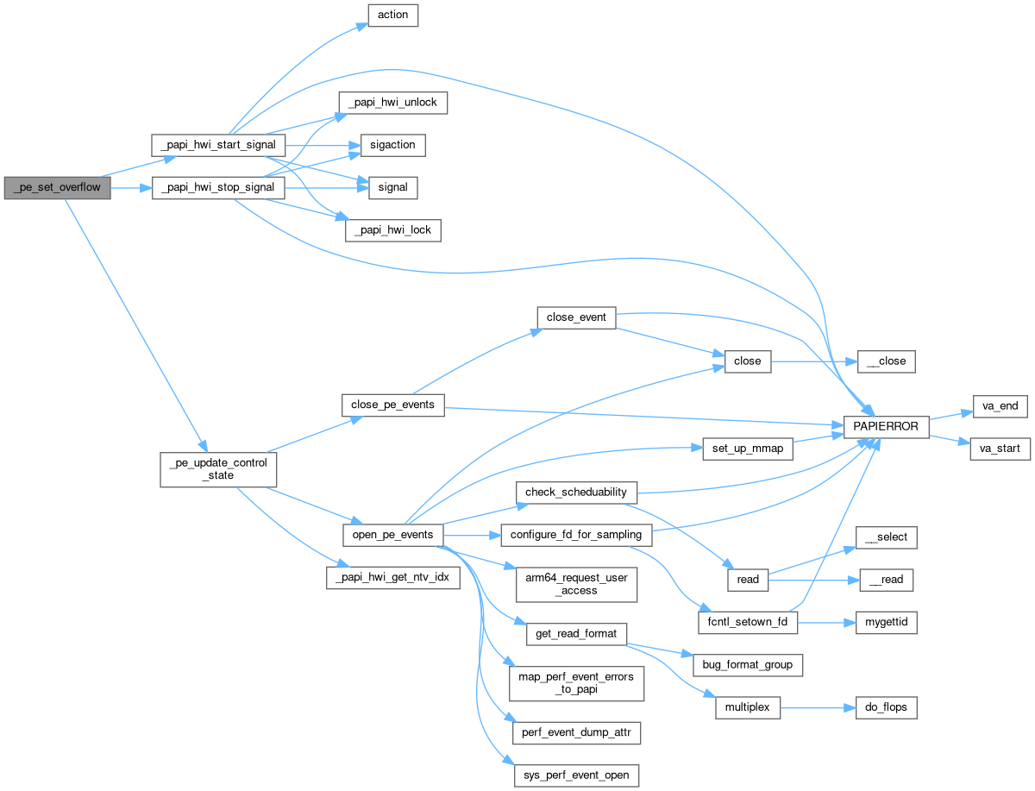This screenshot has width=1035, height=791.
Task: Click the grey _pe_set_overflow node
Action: tap(58, 187)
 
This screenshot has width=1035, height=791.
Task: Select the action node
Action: tap(392, 16)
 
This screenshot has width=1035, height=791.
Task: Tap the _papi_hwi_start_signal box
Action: tap(218, 145)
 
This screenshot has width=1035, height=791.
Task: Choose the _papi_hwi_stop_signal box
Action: tap(218, 187)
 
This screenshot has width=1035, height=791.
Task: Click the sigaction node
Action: tap(392, 145)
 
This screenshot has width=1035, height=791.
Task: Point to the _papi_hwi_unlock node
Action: tap(392, 103)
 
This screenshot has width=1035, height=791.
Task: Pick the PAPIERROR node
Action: tap(888, 426)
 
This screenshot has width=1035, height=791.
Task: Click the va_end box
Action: tap(996, 405)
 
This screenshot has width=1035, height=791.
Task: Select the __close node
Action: tap(886, 361)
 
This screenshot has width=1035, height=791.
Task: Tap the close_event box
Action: tap(577, 317)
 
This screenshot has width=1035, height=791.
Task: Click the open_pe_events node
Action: tap(392, 535)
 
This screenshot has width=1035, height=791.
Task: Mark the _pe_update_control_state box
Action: tap(218, 468)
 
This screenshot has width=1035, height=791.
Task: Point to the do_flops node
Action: tap(886, 708)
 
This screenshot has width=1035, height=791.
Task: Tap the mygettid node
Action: tap(886, 622)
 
